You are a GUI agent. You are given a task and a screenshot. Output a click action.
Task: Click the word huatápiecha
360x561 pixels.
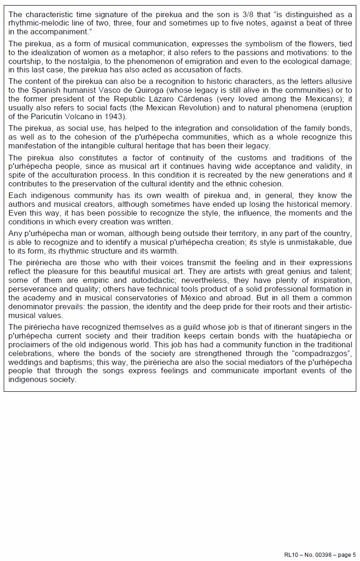coord(297,335)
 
